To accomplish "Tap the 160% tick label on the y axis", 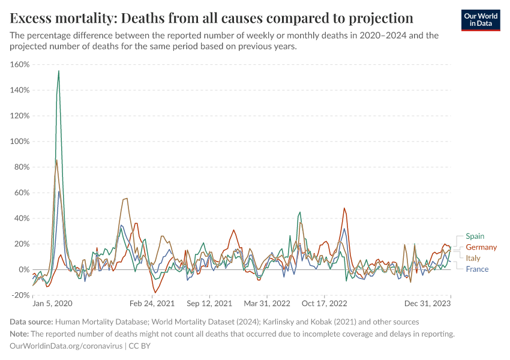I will click(20, 65).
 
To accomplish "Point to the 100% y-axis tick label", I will click(20, 142).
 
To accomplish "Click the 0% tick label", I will click(25, 269).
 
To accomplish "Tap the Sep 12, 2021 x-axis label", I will click(210, 304).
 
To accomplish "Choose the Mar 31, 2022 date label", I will click(267, 304).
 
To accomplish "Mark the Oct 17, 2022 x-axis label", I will click(324, 304).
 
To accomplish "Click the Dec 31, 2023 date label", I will click(428, 304).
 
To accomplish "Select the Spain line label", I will click(475, 236).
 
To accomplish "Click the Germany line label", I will click(481, 247).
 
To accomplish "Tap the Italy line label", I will click(473, 258).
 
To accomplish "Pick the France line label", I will click(477, 269).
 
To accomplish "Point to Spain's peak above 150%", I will click(58, 71).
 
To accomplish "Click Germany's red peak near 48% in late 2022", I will click(344, 209).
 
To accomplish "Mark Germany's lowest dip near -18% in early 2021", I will click(155, 293).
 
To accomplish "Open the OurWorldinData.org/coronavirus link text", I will click(66, 346).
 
